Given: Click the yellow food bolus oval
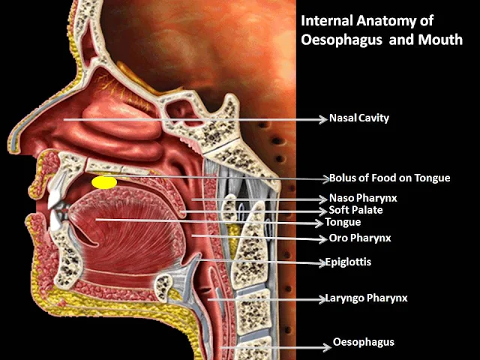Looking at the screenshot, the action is (103, 182).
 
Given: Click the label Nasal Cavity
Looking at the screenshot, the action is (359, 118).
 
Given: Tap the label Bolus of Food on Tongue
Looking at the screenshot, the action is (390, 178).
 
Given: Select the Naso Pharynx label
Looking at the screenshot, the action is (362, 198).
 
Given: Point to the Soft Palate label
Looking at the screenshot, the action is (355, 210).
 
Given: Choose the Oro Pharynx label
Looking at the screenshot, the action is (360, 238).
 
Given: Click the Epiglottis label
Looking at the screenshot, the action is (348, 262).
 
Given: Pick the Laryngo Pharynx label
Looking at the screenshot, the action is (366, 298).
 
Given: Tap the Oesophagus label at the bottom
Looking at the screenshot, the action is (364, 343).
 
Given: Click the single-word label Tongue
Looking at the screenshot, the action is (343, 222).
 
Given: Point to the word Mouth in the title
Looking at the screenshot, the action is (442, 39).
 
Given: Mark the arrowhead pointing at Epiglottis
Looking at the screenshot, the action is (321, 262).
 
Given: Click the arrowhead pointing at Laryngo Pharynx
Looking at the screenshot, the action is (321, 298).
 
